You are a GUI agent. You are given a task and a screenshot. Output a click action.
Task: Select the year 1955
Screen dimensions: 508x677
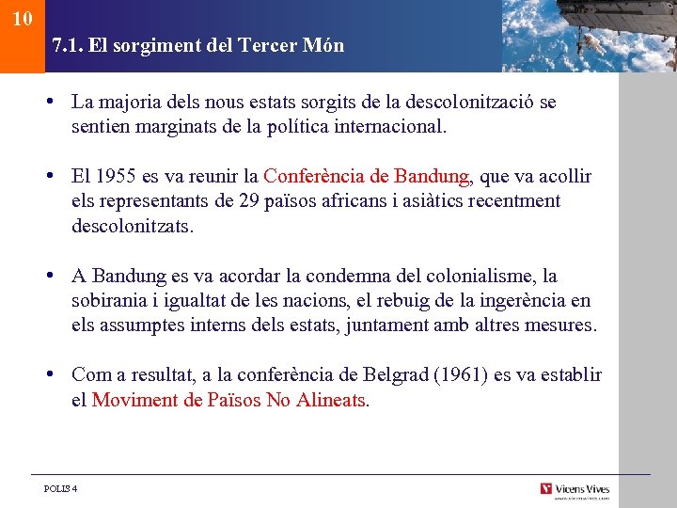(x=112, y=177)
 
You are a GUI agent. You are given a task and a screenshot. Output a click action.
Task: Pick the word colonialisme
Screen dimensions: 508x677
(x=480, y=277)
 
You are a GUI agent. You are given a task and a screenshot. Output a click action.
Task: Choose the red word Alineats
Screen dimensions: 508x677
(x=330, y=400)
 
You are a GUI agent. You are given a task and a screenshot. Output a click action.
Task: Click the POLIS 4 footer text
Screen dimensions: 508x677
(x=61, y=488)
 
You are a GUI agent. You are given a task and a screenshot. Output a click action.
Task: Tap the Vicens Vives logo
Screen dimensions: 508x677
(x=575, y=489)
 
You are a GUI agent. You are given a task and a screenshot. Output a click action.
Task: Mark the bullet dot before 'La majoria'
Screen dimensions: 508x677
(x=57, y=102)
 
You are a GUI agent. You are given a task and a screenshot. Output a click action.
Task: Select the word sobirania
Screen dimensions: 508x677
(x=109, y=301)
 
